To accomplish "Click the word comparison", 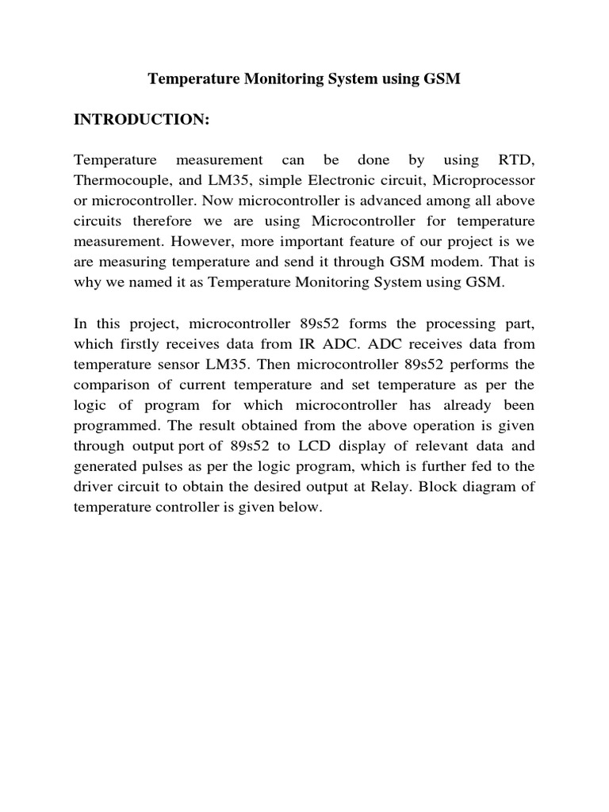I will (111, 385).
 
